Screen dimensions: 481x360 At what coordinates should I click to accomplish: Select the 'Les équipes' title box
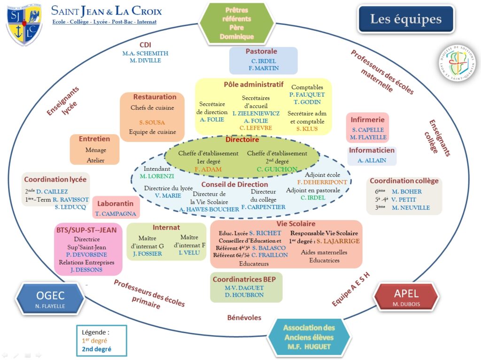(406, 19)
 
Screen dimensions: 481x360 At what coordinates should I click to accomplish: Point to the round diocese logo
(458, 63)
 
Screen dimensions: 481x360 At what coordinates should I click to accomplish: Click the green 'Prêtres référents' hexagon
(237, 23)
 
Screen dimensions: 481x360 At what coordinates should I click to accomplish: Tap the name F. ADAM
(208, 169)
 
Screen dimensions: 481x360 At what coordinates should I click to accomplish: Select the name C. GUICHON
(277, 169)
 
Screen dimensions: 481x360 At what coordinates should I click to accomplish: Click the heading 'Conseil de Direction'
(235, 184)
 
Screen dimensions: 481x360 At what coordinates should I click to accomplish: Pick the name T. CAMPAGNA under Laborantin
(116, 214)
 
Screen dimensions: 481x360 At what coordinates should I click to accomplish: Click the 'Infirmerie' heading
(367, 120)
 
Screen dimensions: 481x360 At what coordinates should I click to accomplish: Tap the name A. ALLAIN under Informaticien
(372, 161)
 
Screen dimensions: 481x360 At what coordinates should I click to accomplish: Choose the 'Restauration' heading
(155, 97)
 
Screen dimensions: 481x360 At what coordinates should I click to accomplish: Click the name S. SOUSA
(152, 123)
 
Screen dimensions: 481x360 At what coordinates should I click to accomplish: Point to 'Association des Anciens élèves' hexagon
(309, 337)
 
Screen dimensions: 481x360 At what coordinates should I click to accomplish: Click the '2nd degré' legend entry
(96, 349)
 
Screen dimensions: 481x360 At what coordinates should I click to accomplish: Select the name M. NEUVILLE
(411, 207)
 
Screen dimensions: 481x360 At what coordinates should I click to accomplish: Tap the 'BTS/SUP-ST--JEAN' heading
(86, 230)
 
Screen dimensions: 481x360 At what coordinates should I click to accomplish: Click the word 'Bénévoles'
(244, 318)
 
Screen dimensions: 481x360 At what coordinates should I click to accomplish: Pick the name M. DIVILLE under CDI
(145, 61)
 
